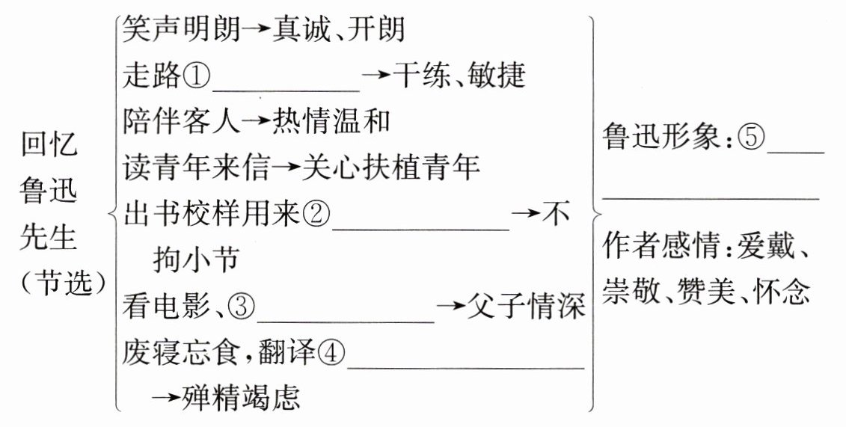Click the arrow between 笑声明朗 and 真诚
(x=257, y=31)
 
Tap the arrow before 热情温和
(x=257, y=121)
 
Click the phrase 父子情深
(x=527, y=307)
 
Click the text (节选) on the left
(x=63, y=283)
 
